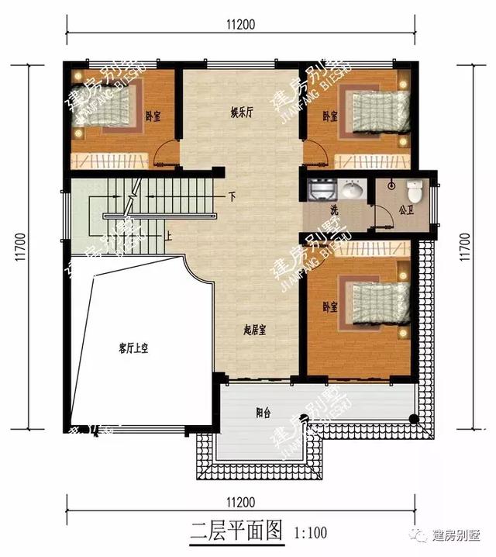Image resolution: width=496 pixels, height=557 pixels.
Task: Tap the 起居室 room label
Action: click(255, 330)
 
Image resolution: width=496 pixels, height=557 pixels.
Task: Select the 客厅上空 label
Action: click(133, 349)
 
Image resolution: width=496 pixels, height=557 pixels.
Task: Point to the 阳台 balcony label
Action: click(264, 413)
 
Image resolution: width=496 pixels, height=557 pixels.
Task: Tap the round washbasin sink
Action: click(353, 189)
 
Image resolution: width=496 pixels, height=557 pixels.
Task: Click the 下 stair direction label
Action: click(231, 197)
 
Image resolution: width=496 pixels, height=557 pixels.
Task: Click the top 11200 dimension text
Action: click(241, 25)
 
